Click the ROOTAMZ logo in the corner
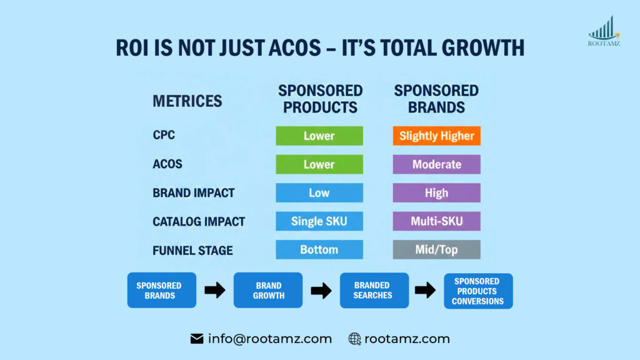pyautogui.click(x=604, y=31)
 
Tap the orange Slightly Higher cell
pyautogui.click(x=436, y=136)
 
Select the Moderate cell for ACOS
pyautogui.click(x=436, y=164)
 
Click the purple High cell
pyautogui.click(x=436, y=192)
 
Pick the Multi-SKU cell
pyautogui.click(x=436, y=221)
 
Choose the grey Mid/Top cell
pyautogui.click(x=436, y=249)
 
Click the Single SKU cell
pyautogui.click(x=319, y=221)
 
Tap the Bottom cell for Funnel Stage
pyautogui.click(x=319, y=249)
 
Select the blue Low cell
pyautogui.click(x=319, y=192)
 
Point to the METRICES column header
pyautogui.click(x=187, y=101)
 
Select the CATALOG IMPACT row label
pyautogui.click(x=199, y=221)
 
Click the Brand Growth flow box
pyautogui.click(x=268, y=290)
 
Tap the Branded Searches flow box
pyautogui.click(x=374, y=290)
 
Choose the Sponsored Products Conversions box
pyautogui.click(x=477, y=291)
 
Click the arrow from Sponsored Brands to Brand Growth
pyautogui.click(x=215, y=290)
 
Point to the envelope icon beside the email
pyautogui.click(x=197, y=339)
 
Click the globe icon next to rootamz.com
pyautogui.click(x=354, y=339)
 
